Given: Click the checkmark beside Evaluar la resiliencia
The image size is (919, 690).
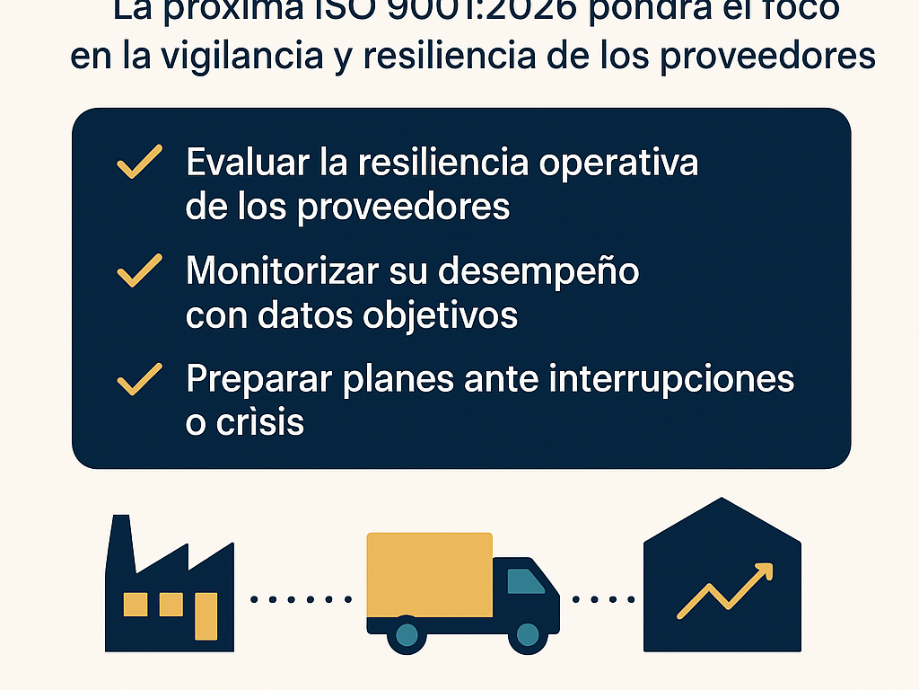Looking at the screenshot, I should tap(139, 163).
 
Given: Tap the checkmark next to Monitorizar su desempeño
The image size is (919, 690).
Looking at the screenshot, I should tap(139, 270).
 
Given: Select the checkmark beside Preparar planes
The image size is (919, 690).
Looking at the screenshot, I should tap(139, 379).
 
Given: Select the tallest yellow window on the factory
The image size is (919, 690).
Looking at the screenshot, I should tap(206, 615).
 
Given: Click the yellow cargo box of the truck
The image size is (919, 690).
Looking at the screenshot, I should tap(429, 575).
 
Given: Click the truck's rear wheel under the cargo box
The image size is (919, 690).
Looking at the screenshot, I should tap(407, 635).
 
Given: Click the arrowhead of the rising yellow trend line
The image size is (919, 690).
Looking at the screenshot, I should tap(763, 572).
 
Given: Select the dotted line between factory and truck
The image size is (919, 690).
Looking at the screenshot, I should tap(301, 598).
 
